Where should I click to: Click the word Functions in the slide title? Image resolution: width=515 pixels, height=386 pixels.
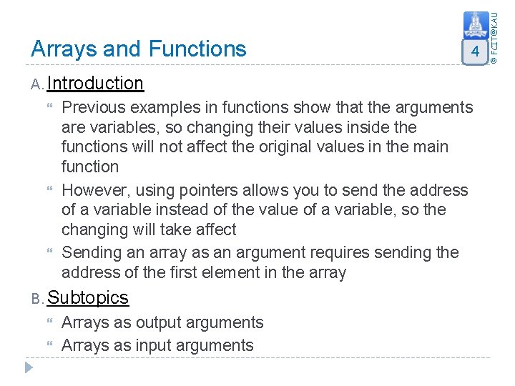click(197, 49)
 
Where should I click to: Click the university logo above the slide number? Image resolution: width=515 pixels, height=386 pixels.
click(476, 26)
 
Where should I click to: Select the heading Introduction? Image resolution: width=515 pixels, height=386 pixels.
click(95, 84)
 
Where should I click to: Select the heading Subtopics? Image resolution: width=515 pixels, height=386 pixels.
click(87, 298)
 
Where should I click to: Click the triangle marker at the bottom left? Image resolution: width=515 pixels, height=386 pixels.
click(29, 367)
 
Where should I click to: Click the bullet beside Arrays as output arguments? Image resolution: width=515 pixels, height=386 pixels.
click(49, 323)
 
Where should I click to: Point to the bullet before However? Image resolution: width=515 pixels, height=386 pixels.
click(49, 190)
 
